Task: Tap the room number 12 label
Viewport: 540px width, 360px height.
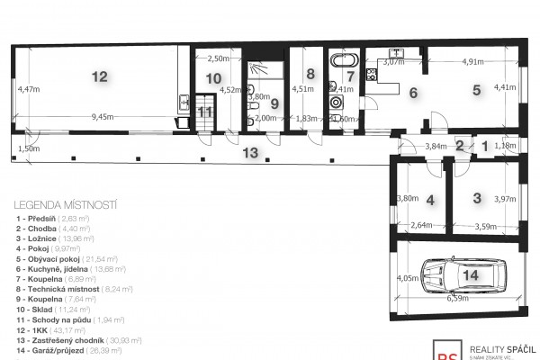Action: point(99,77)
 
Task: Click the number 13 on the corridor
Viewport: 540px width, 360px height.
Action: point(255,152)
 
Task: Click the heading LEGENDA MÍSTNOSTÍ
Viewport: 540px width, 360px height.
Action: point(60,206)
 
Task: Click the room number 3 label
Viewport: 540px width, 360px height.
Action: point(478,197)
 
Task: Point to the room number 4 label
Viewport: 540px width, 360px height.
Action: point(431,200)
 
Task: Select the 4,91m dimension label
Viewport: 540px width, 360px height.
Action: point(473,62)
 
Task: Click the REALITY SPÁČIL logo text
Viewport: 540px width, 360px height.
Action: point(506,348)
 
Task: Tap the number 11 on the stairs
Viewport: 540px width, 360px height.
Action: point(205,112)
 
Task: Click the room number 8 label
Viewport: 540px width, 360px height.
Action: point(310,74)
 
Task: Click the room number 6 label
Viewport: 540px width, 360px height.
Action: point(413,92)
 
